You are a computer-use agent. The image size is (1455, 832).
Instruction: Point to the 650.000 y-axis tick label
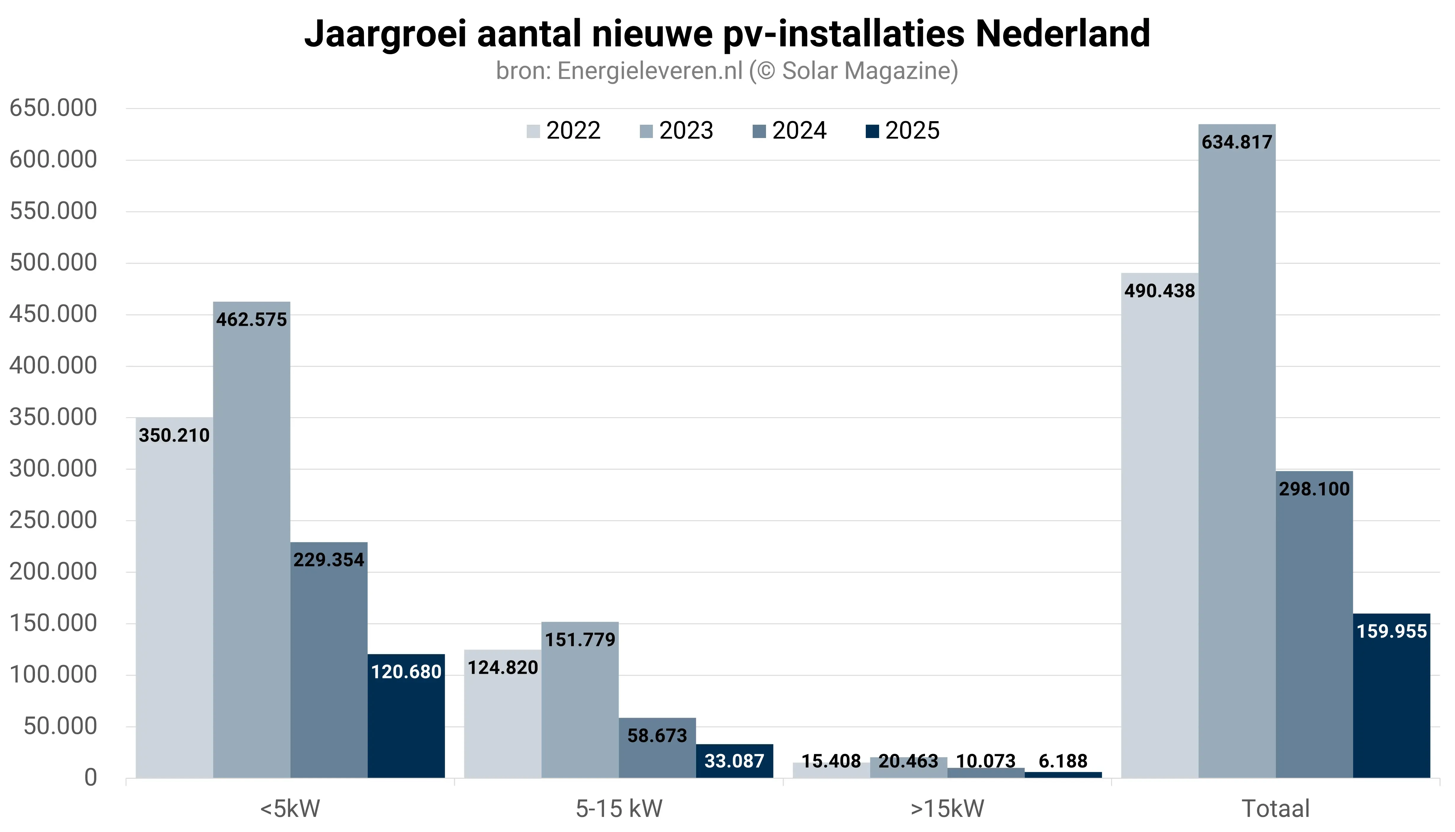tap(53, 108)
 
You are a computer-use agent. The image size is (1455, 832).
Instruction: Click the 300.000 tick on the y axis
tap(53, 469)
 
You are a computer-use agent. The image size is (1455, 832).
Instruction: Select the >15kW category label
tap(947, 809)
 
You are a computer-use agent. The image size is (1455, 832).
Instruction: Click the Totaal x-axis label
tap(1276, 809)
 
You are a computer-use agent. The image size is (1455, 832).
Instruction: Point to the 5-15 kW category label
tap(619, 809)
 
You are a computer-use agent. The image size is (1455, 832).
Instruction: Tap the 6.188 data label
tap(1063, 761)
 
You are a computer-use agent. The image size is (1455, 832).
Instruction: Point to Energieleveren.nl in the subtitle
tap(650, 71)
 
